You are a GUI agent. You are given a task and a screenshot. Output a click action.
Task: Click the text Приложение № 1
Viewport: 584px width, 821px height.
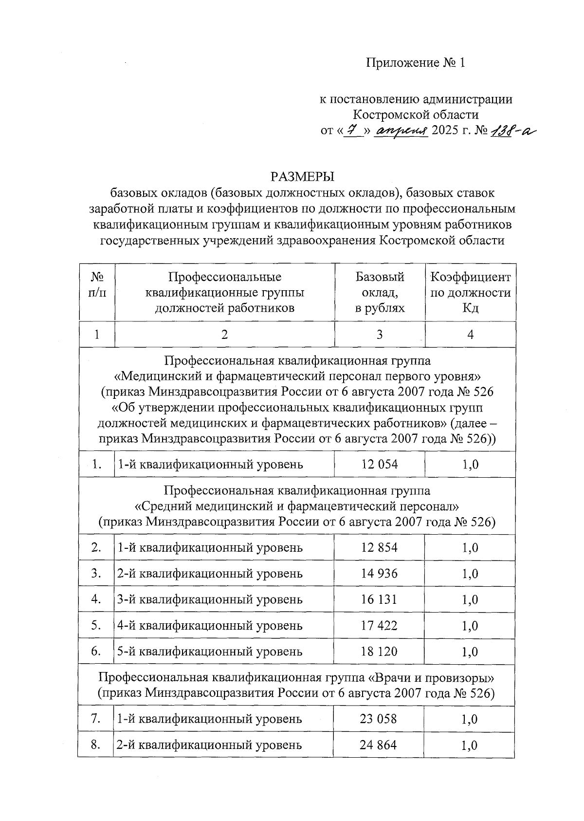click(x=416, y=63)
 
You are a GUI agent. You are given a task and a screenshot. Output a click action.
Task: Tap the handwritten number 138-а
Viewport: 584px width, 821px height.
click(x=511, y=131)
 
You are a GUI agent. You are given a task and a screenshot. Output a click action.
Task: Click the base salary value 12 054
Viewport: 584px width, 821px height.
click(x=379, y=465)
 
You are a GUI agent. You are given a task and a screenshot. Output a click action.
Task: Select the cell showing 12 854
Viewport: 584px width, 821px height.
click(x=379, y=548)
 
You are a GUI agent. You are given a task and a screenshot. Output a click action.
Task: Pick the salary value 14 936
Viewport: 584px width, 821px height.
click(x=379, y=574)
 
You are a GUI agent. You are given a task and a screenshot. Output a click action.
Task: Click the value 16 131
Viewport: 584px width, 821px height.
click(x=379, y=599)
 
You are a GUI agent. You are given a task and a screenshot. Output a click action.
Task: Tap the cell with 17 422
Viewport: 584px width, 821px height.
click(x=379, y=625)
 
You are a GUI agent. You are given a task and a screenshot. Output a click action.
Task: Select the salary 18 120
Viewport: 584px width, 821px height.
click(x=379, y=652)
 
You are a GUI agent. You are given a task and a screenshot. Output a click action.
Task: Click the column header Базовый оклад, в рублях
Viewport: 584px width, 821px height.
click(x=380, y=292)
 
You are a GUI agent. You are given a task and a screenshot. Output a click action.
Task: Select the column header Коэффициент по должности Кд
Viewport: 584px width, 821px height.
click(x=470, y=292)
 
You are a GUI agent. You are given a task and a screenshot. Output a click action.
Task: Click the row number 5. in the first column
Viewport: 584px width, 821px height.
click(x=96, y=625)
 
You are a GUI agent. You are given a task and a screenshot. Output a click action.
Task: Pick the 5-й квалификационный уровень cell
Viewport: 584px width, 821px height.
click(x=210, y=652)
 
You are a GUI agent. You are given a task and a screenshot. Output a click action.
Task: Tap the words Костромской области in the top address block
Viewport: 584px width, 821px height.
click(x=415, y=115)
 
